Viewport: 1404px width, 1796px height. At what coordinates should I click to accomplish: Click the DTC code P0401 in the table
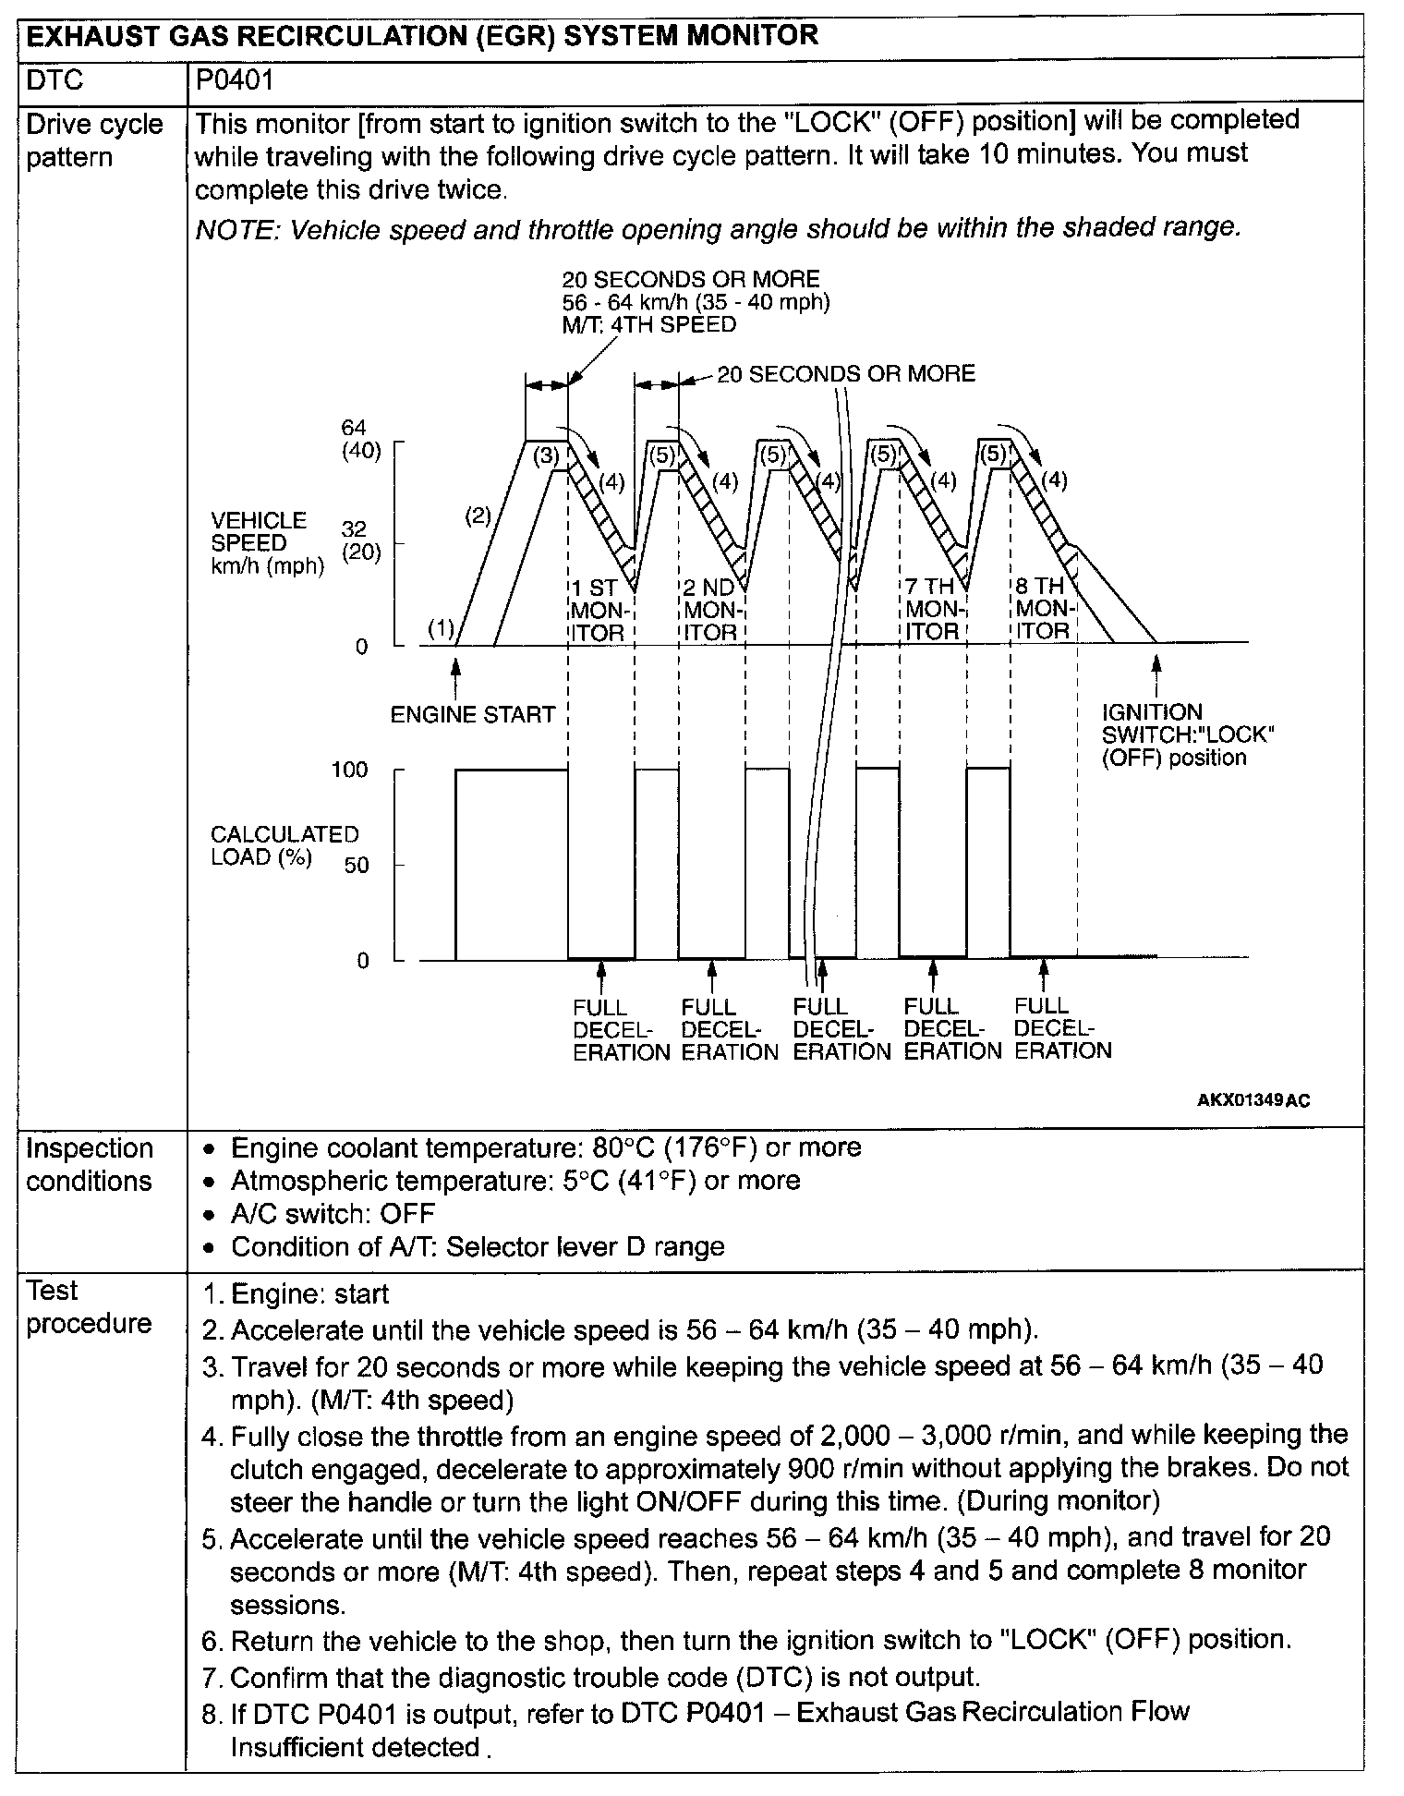[235, 81]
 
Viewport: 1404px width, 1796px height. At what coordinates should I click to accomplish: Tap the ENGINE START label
[472, 714]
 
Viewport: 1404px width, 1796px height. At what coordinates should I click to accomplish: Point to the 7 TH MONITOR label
[932, 610]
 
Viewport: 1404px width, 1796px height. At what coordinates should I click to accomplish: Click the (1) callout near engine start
[441, 629]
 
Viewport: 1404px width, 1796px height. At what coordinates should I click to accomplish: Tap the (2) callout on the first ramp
[477, 516]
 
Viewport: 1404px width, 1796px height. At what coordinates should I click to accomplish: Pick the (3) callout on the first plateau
[547, 455]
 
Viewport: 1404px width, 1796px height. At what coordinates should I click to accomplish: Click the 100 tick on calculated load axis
[349, 770]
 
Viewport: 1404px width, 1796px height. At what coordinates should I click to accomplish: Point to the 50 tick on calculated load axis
[356, 866]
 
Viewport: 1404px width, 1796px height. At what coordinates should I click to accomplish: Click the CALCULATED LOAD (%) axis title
[284, 845]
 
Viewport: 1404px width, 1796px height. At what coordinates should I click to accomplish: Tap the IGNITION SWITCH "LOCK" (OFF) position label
[1188, 735]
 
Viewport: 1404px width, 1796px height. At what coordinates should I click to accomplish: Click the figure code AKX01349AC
[1253, 1100]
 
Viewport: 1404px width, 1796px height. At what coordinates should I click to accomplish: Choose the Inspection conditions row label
[90, 1164]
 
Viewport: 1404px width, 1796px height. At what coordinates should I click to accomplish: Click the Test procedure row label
[88, 1306]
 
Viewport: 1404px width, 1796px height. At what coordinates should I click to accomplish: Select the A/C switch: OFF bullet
[333, 1213]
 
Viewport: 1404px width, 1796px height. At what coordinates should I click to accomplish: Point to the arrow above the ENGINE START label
[454, 672]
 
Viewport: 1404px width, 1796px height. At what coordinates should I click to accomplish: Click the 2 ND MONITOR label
[711, 610]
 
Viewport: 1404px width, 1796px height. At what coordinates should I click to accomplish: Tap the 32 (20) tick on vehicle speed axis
[361, 541]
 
